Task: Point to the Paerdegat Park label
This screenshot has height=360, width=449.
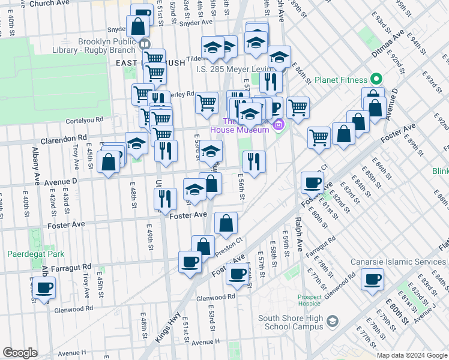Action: click(x=35, y=254)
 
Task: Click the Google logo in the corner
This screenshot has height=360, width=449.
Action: click(x=20, y=353)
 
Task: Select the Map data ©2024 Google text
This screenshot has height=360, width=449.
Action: click(x=411, y=355)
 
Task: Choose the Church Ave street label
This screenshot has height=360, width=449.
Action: click(x=49, y=4)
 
